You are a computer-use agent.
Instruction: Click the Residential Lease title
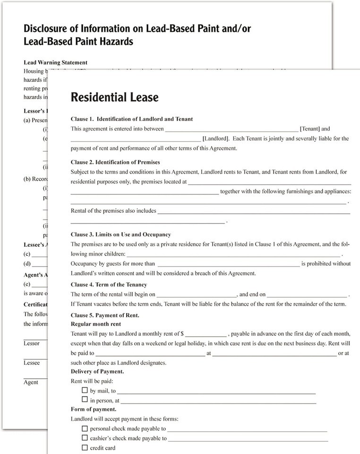pos(114,97)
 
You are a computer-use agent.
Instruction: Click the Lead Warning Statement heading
pos(55,62)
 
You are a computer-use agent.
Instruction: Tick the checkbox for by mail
pos(85,391)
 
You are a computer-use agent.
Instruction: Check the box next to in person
pos(85,400)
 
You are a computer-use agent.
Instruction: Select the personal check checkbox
pos(85,428)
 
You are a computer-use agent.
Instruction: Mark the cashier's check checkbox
pos(85,438)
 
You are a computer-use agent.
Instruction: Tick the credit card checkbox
pos(85,447)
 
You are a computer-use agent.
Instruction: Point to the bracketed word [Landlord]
pos(216,139)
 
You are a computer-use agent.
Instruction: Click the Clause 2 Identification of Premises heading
pos(115,162)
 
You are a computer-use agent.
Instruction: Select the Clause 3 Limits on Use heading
pos(120,235)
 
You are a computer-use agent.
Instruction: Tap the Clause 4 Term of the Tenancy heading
pos(109,285)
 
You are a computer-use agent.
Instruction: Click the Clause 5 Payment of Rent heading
pos(105,315)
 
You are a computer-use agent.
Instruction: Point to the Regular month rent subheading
pos(95,324)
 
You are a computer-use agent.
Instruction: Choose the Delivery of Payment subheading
pos(97,371)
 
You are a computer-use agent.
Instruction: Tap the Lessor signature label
pos(32,343)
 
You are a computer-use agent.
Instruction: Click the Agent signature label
pos(31,382)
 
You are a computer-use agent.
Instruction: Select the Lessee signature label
pos(32,363)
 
